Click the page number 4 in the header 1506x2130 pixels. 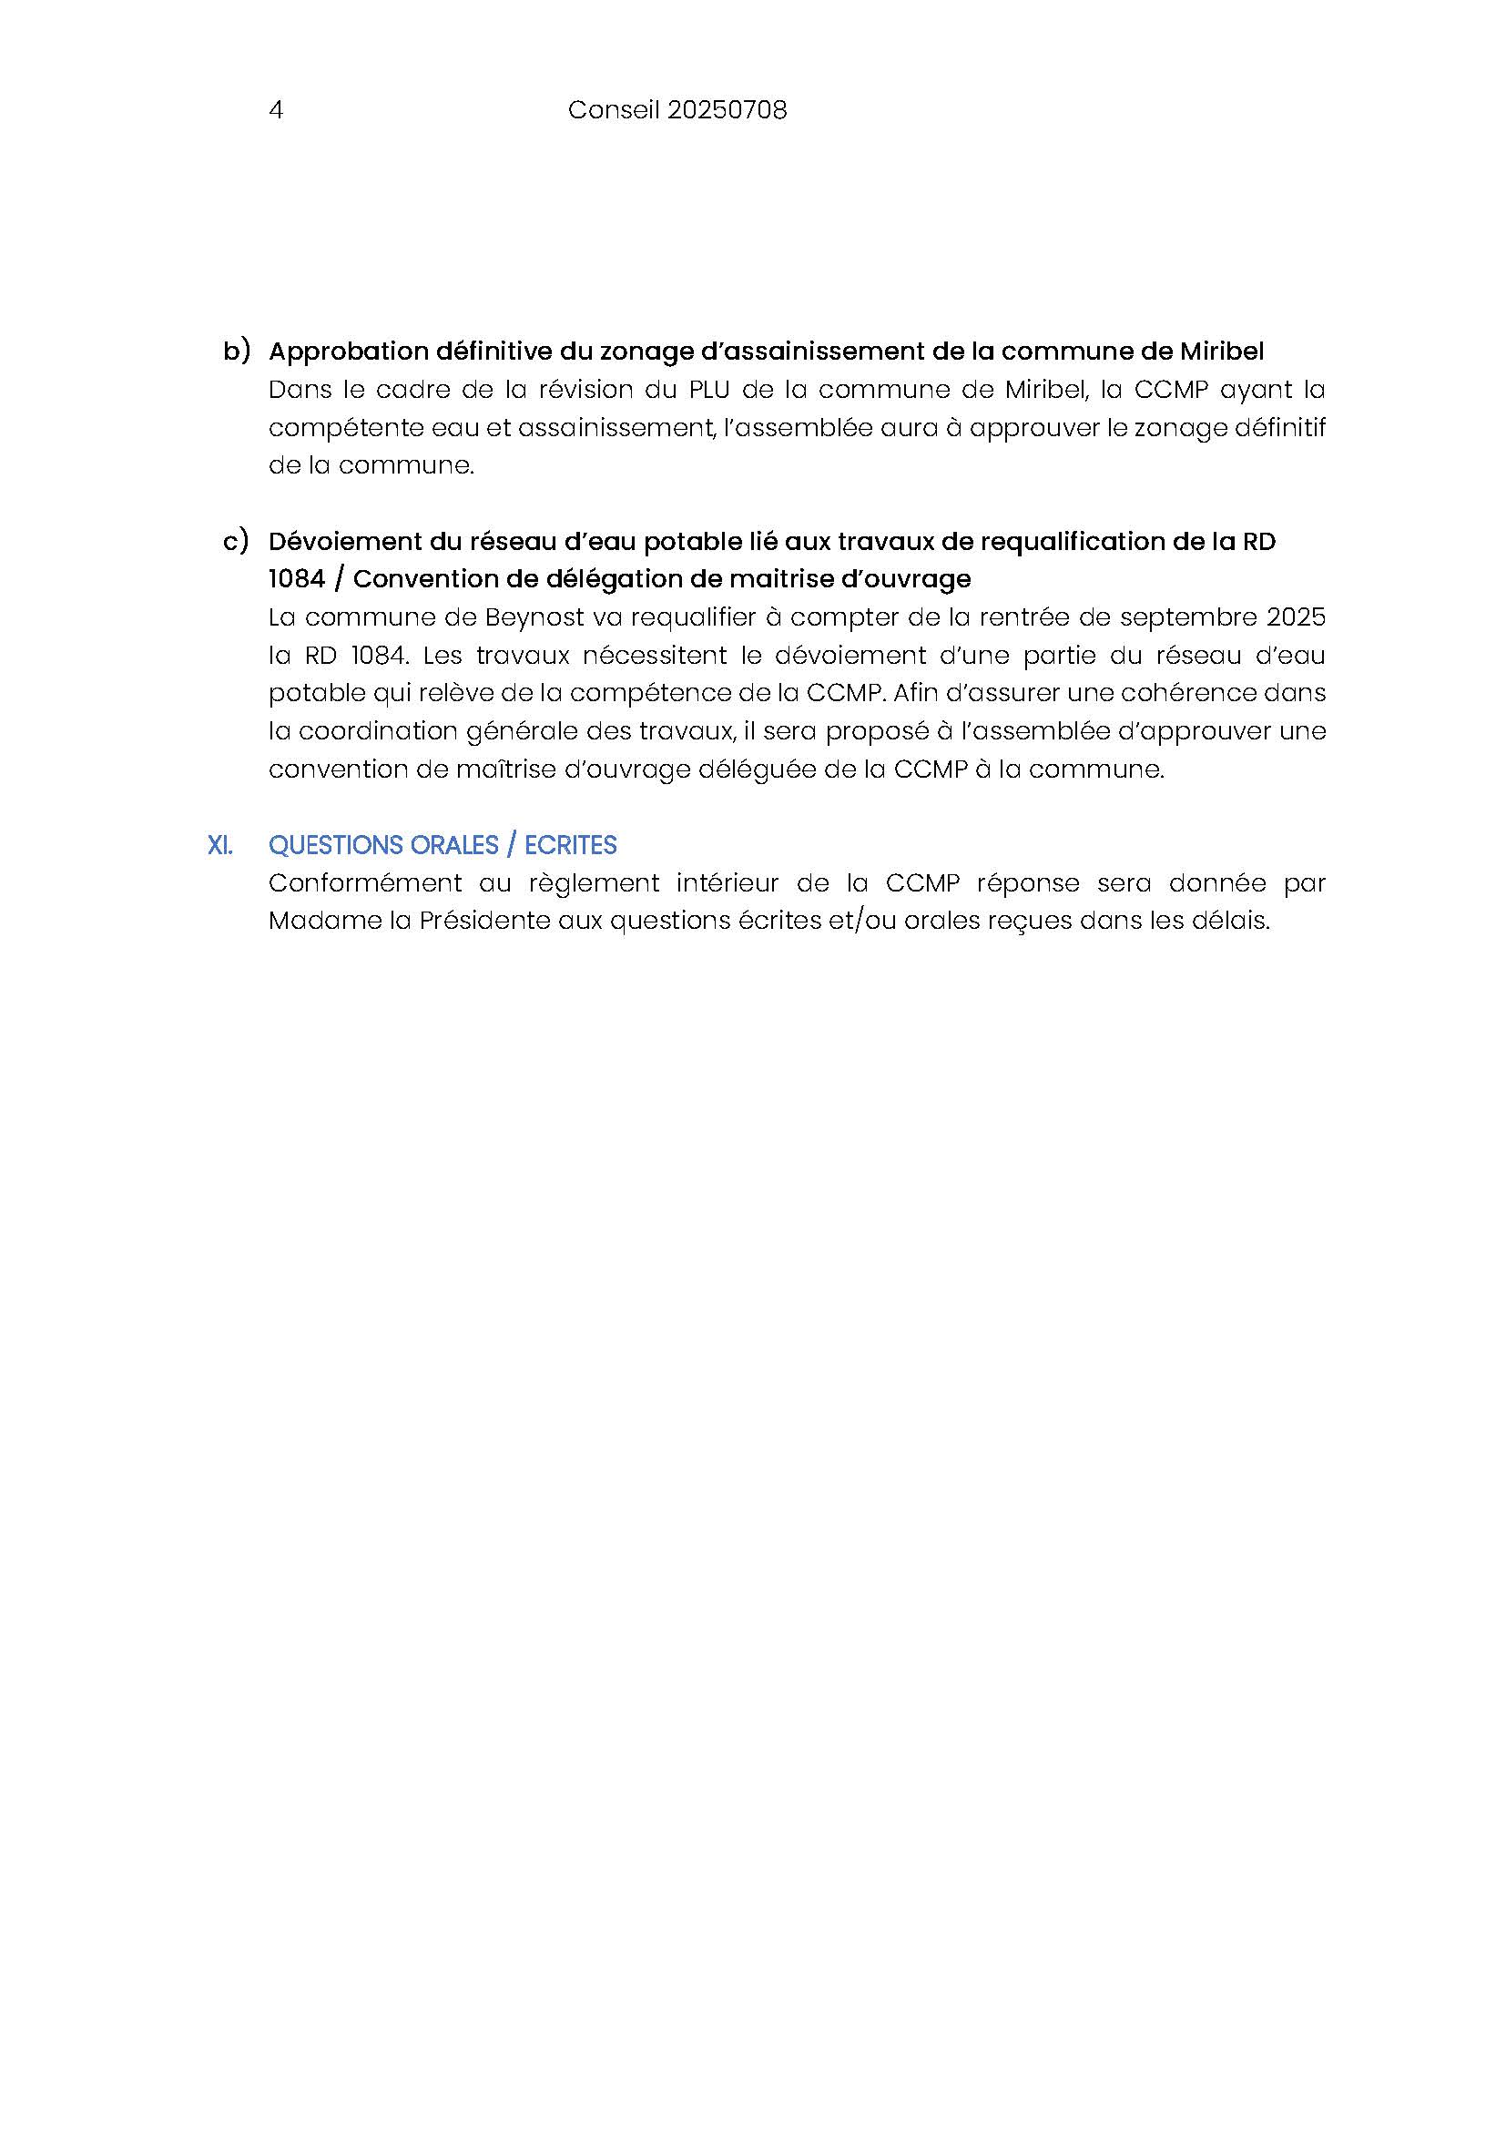pyautogui.click(x=275, y=110)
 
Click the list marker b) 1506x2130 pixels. pyautogui.click(x=237, y=351)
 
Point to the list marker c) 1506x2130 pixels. pyautogui.click(x=236, y=541)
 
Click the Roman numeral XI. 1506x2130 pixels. pyautogui.click(x=219, y=845)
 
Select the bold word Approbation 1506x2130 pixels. pyautogui.click(x=349, y=352)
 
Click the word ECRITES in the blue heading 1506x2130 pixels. pyautogui.click(x=570, y=845)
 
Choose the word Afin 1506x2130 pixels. pyautogui.click(x=914, y=693)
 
